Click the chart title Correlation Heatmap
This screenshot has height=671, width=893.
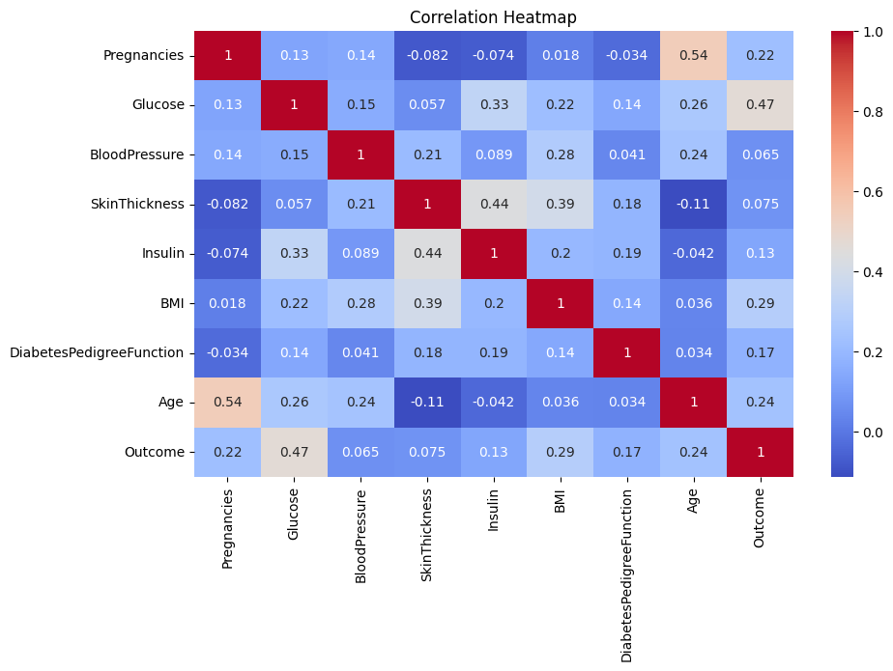pyautogui.click(x=493, y=17)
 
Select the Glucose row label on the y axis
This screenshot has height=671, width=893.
pyautogui.click(x=158, y=104)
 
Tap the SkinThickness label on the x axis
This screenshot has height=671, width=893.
pyautogui.click(x=426, y=535)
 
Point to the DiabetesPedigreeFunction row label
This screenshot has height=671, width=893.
pyautogui.click(x=97, y=352)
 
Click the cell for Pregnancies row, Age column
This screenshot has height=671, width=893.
pyautogui.click(x=694, y=55)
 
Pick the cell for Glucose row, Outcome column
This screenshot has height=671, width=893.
pyautogui.click(x=761, y=104)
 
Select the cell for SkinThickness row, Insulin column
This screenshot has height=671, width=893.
pyautogui.click(x=494, y=205)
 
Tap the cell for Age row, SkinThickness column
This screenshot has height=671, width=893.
pyautogui.click(x=427, y=403)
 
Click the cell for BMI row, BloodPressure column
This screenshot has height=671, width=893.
pyautogui.click(x=360, y=303)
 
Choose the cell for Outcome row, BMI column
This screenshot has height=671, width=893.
pyautogui.click(x=561, y=452)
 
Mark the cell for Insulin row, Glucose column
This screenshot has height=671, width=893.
pyautogui.click(x=294, y=254)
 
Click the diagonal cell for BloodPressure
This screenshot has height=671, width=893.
pyautogui.click(x=360, y=154)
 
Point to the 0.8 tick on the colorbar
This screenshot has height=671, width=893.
pyautogui.click(x=856, y=112)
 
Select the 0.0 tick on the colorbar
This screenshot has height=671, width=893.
pyautogui.click(x=856, y=433)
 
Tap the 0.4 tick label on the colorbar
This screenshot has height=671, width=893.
pyautogui.click(x=873, y=272)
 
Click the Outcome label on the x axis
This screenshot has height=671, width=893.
pyautogui.click(x=759, y=517)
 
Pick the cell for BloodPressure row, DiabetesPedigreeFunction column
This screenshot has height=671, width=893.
pyautogui.click(x=627, y=154)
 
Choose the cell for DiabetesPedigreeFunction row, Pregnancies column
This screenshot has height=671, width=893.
pyautogui.click(x=227, y=352)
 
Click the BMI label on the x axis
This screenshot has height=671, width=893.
pyautogui.click(x=560, y=501)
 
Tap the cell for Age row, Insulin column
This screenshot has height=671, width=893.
pyautogui.click(x=494, y=403)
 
